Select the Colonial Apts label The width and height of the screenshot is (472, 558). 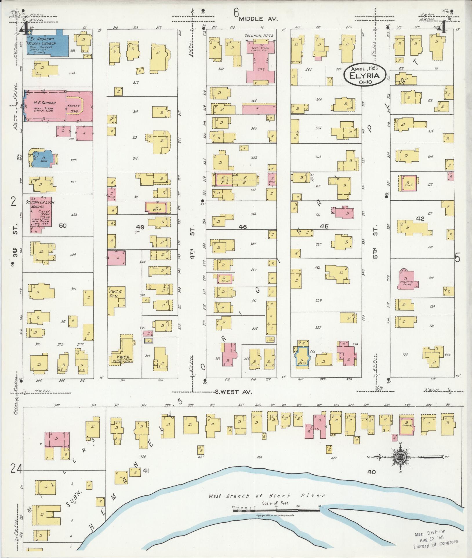pos(259,36)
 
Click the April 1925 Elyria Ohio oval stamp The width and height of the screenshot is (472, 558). pos(365,75)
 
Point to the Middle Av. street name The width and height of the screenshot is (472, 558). pos(258,19)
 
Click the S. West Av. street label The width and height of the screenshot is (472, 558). pos(233,392)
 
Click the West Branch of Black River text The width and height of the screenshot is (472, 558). pos(266,496)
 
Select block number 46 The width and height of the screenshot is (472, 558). pos(243,227)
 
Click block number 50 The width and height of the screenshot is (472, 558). pos(63,225)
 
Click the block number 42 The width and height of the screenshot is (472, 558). pos(420,219)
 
